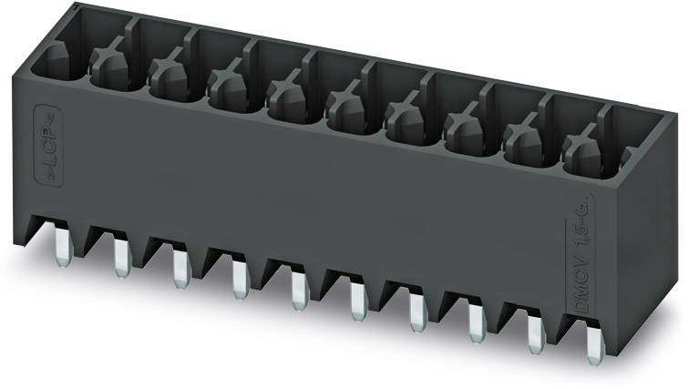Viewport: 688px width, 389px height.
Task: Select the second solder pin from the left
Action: (120, 258)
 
